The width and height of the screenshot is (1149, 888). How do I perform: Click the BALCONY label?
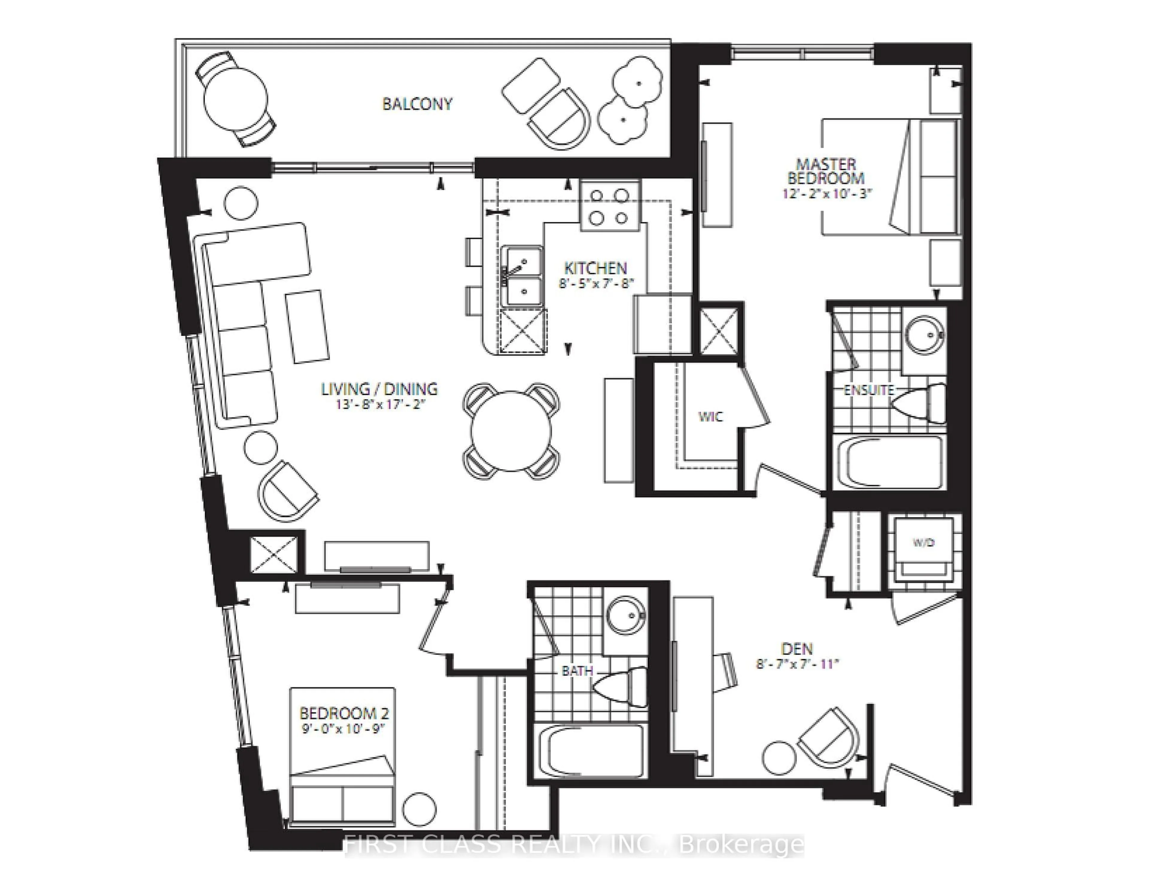417,104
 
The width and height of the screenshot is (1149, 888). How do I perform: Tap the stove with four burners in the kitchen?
610,206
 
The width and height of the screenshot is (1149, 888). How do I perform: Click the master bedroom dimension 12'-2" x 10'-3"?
826,193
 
